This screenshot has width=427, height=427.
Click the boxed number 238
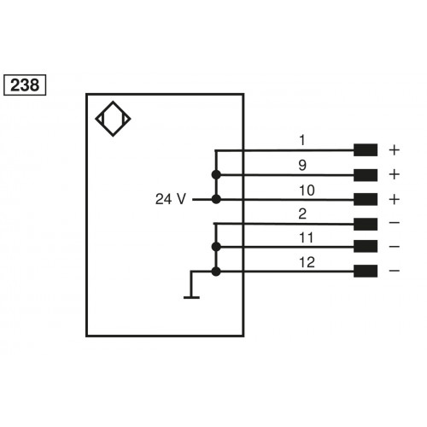point(26,85)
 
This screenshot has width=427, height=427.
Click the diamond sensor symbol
point(114,120)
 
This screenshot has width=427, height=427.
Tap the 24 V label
point(170,199)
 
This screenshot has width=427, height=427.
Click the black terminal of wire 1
point(366,150)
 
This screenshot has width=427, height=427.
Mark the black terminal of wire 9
point(366,175)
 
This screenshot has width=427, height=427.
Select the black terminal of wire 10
point(366,199)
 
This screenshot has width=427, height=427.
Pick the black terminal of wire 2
point(366,224)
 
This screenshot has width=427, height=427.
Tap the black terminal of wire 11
point(366,248)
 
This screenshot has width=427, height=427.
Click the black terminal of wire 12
point(366,272)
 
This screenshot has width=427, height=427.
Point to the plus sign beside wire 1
point(394,150)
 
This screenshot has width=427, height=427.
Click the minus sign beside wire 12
point(394,272)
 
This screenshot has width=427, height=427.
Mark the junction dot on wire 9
point(215,175)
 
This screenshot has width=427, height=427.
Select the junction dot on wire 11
point(215,248)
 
